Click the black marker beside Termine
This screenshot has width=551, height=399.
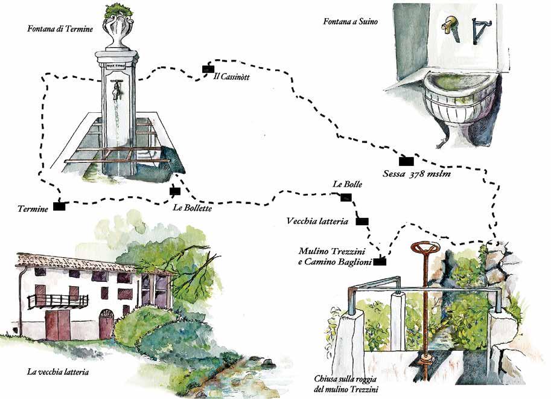point(59,206)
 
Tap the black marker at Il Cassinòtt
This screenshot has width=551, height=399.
point(207,68)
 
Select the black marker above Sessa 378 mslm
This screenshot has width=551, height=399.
point(407,161)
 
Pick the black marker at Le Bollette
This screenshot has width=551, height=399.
point(175,191)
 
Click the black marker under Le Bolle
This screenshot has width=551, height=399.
point(346,197)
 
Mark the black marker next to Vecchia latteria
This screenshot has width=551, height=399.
point(362,221)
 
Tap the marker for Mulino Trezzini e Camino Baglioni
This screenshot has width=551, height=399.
point(380,261)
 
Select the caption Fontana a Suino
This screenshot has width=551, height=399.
point(350,22)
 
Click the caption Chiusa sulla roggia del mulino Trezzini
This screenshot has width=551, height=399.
point(346,383)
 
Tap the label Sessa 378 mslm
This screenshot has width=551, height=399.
point(417,174)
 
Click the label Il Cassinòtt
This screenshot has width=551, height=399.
point(232,77)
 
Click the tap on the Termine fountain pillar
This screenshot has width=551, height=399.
point(116,88)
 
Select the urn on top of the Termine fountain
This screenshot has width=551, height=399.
point(117,30)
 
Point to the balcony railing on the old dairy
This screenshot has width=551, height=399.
point(58,300)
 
